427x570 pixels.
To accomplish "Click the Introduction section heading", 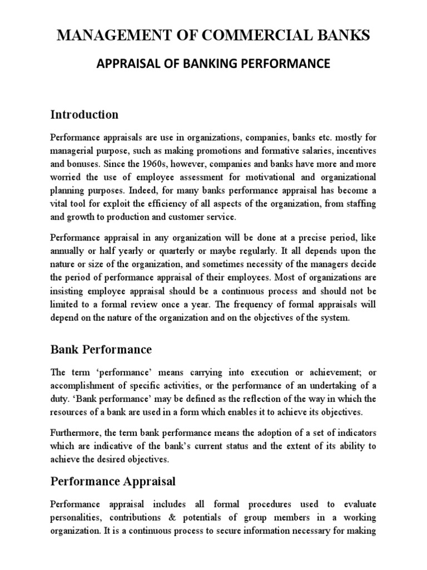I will pos(84,115).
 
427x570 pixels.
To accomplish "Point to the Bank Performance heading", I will pos(101,350).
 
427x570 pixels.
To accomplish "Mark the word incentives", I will pos(355,151).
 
